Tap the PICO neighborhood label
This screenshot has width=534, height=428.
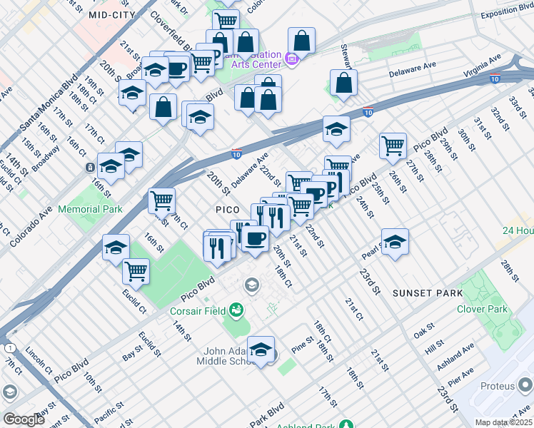[231, 209]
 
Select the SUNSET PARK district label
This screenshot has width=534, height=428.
[427, 293]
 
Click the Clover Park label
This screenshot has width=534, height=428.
[483, 309]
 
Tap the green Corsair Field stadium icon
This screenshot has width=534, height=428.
[236, 310]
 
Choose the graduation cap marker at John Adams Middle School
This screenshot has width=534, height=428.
[261, 350]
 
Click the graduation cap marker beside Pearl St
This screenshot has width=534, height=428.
[395, 242]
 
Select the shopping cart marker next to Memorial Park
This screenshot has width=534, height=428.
[162, 200]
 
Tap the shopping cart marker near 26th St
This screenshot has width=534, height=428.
[393, 146]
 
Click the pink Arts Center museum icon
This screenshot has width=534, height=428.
[291, 58]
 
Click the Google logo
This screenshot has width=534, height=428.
[24, 419]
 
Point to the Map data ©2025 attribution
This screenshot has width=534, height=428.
[503, 422]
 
